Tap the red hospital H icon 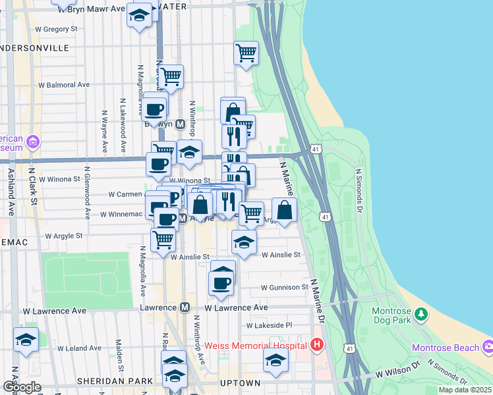[317, 344]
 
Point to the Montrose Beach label [445, 348]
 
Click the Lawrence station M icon [185, 307]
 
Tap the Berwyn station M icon [170, 123]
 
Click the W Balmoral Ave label [64, 85]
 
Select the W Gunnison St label [285, 288]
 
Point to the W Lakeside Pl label [269, 325]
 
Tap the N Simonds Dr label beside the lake [360, 191]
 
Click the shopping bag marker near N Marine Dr [284, 210]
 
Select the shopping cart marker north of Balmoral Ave [246, 52]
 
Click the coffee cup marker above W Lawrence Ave [221, 282]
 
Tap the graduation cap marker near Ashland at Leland [26, 339]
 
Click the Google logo [22, 387]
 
